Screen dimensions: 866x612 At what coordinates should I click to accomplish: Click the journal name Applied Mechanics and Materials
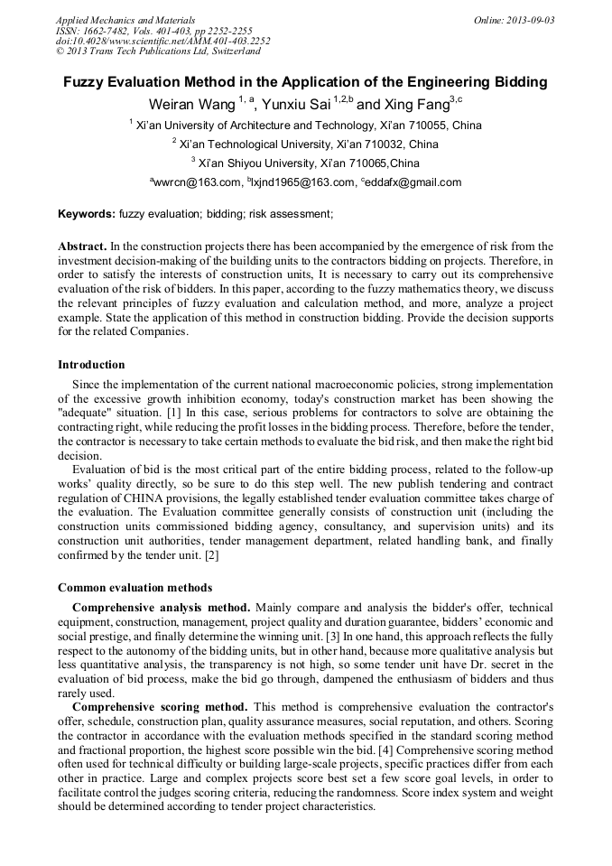(x=125, y=19)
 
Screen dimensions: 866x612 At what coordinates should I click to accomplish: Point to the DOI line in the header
(x=162, y=41)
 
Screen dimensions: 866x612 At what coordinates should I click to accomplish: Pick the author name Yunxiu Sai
(x=295, y=105)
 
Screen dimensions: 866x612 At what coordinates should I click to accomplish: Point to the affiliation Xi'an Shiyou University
(x=255, y=163)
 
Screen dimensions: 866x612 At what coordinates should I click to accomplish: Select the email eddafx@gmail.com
(x=413, y=182)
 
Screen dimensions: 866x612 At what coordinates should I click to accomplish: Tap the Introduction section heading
(x=91, y=365)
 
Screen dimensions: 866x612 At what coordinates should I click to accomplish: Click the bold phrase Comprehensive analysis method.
(x=161, y=608)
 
